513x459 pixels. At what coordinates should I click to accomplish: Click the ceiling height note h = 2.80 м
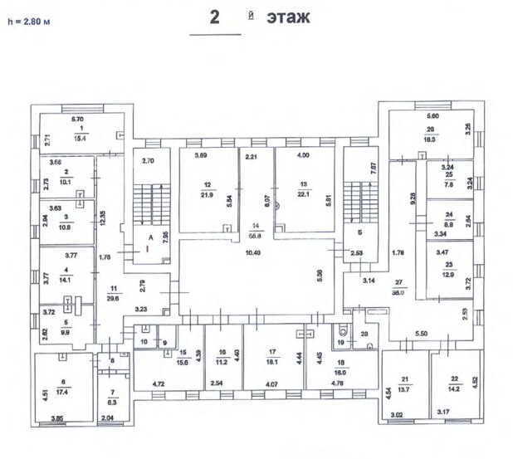(x=28, y=20)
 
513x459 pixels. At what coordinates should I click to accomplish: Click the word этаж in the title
(x=288, y=17)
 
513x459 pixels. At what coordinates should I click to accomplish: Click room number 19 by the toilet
(x=341, y=342)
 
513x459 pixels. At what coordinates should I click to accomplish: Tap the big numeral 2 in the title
(x=214, y=17)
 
